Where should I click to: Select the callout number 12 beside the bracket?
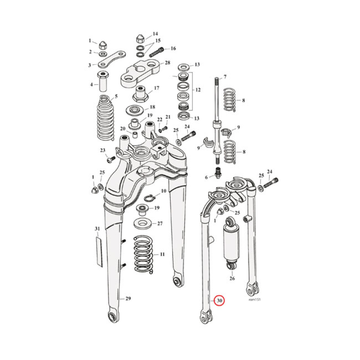coord(197,90)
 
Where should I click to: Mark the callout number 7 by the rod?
coord(225,77)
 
